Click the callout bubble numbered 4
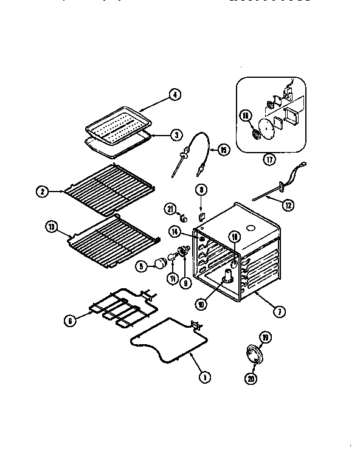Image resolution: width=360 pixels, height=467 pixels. tap(175, 94)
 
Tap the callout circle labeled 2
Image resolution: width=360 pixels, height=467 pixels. tap(42, 192)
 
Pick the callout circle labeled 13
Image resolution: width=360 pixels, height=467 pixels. tap(52, 227)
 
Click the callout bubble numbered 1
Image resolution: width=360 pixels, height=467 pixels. tap(205, 377)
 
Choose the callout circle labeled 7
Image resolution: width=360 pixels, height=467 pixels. tap(278, 313)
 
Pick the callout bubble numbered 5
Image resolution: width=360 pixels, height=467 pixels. tap(141, 265)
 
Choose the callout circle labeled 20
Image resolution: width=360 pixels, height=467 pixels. tap(251, 379)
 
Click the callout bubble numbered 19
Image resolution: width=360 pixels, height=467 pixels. tap(263, 336)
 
